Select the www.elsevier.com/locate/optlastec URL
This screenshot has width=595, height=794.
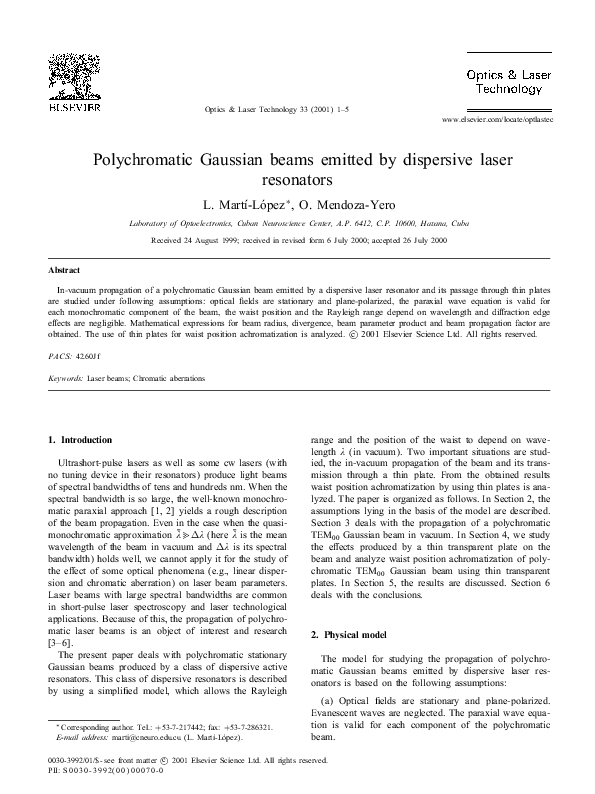coord(496,119)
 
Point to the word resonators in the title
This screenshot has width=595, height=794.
coord(297,181)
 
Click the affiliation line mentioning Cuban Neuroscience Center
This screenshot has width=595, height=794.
coord(296,225)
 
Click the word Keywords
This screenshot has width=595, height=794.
coord(66,379)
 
